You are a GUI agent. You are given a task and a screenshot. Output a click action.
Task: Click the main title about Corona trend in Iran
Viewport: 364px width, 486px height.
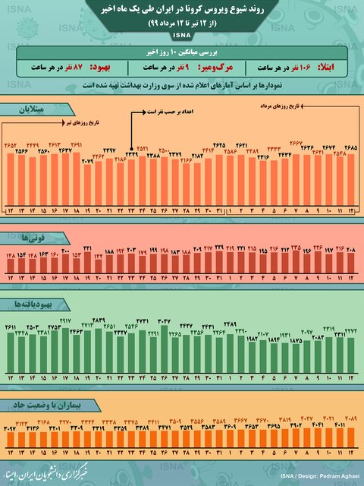182,11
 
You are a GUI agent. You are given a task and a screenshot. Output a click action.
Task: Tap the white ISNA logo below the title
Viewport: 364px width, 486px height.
182,36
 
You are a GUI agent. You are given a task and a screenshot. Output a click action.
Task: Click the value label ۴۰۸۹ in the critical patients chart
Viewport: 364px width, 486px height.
350,418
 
